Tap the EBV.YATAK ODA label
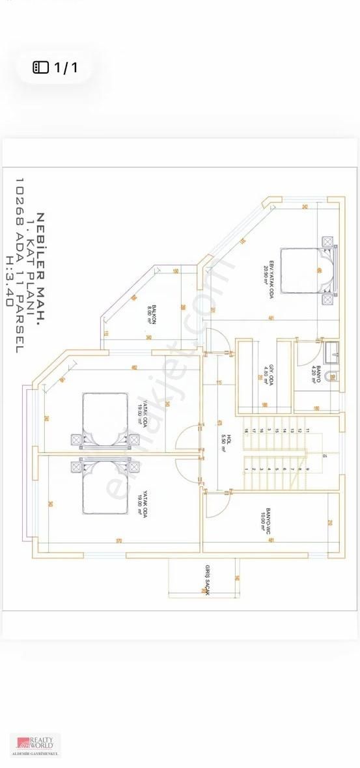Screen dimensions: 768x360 coord(266,268)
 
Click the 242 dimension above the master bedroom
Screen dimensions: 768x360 coord(305,207)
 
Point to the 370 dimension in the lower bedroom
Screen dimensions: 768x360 coord(119,540)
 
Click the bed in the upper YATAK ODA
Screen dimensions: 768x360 coord(107,421)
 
